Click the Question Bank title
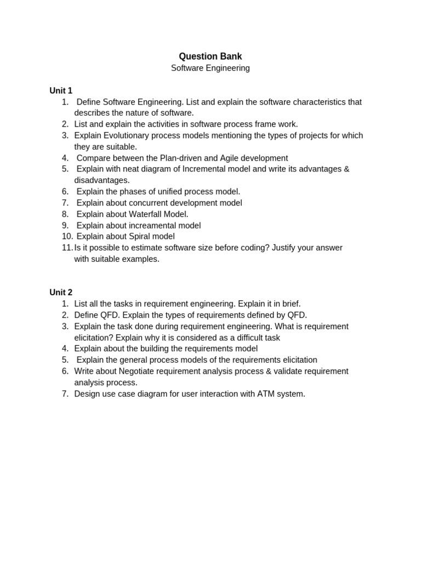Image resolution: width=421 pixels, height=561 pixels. [x=210, y=56]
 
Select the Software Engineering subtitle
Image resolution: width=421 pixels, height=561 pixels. [x=210, y=68]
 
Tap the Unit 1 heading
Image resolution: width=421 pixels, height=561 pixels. [x=61, y=91]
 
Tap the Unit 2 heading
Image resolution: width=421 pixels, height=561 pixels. [x=61, y=293]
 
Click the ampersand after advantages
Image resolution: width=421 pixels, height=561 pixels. [x=346, y=169]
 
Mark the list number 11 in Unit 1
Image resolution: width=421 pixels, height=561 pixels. [x=67, y=248]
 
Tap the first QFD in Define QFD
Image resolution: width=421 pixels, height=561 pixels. [x=109, y=315]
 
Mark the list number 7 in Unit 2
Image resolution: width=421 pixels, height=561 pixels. [x=65, y=393]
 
